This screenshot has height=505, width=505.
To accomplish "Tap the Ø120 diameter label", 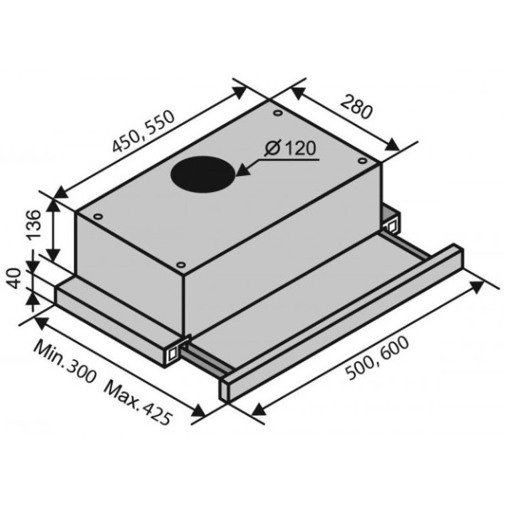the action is click(290, 148).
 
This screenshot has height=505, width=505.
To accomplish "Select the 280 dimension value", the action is click(357, 106).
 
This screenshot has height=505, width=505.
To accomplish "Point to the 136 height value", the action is click(34, 225).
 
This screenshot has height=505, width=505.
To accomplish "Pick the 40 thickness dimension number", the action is click(14, 279).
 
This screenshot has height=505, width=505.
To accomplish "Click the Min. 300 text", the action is click(66, 361).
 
